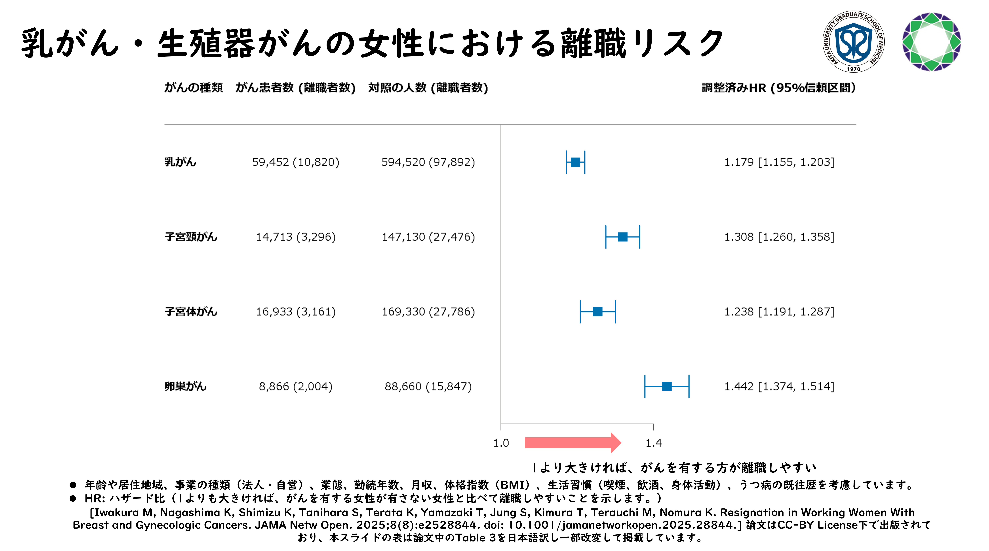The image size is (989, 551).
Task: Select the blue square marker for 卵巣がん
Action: click(x=667, y=386)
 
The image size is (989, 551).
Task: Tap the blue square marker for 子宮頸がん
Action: click(x=623, y=237)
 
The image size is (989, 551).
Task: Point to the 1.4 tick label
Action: click(x=653, y=443)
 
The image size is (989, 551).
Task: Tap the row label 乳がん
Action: click(x=180, y=162)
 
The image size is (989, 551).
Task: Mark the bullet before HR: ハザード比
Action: click(x=73, y=498)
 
